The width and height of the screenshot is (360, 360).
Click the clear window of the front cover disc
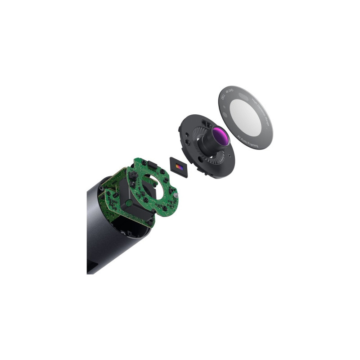click(x=246, y=118)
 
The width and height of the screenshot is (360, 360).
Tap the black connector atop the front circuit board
click(x=152, y=163)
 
